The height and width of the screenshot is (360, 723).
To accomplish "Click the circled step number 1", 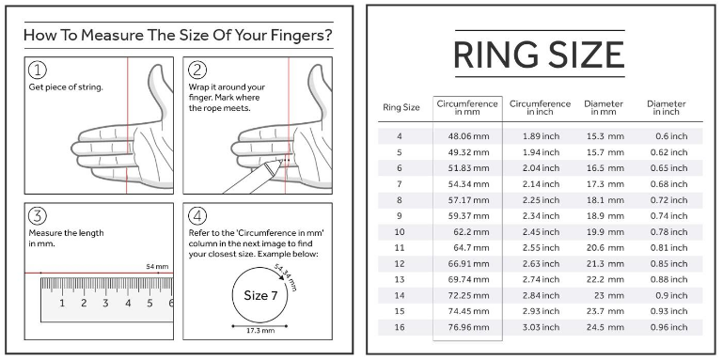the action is pos(38,70).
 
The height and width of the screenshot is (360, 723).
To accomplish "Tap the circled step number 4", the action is pos(197,216).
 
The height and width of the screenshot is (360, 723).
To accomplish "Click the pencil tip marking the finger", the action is pos(281,161).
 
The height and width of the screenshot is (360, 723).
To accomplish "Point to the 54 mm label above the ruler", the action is pos(157,266).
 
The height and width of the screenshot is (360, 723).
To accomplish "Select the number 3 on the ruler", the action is pos(105,304).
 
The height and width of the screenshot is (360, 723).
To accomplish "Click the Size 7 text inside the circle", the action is pos(260,295).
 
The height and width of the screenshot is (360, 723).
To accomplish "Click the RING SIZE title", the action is pos(539,55).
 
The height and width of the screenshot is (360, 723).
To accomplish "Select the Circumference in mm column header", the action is pos(467,107).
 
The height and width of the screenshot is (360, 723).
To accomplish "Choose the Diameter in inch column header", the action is pos(666,107).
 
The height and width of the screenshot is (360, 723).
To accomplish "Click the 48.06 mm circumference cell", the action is pos(468,136).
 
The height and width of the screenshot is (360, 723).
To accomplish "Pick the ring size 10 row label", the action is pos(400,232).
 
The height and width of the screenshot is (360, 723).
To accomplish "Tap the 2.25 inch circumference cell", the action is pos(541,200).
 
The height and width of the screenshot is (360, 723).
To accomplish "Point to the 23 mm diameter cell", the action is pos(610,295).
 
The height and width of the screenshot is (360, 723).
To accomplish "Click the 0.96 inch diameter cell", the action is pos(668,327).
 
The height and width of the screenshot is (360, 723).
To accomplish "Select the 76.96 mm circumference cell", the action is pos(468,327).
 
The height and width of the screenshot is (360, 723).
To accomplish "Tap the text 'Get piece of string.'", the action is pos(66,87).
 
